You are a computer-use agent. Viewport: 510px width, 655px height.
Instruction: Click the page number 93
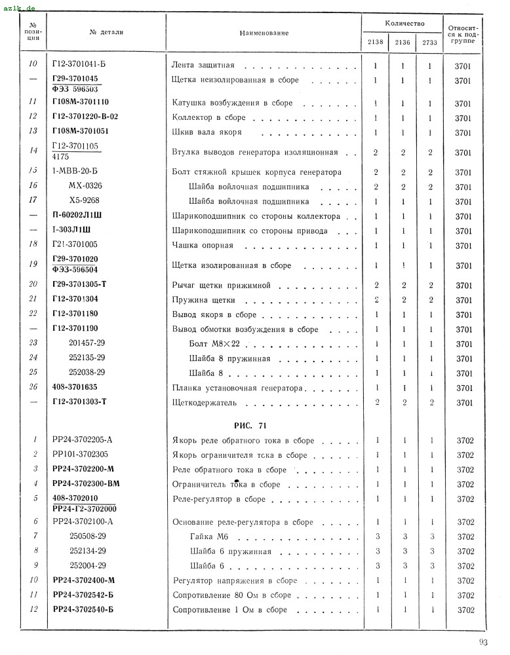click(484, 641)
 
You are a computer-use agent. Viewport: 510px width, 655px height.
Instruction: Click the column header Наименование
click(264, 33)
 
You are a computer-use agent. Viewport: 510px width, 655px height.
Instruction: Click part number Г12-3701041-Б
click(80, 66)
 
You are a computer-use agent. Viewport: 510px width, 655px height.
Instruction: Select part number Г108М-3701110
click(81, 102)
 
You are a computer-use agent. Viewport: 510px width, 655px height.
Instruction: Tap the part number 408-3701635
click(74, 387)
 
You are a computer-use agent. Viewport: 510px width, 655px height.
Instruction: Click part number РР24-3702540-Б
click(83, 610)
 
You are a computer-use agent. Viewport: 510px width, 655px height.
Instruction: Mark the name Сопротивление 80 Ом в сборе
click(231, 595)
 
